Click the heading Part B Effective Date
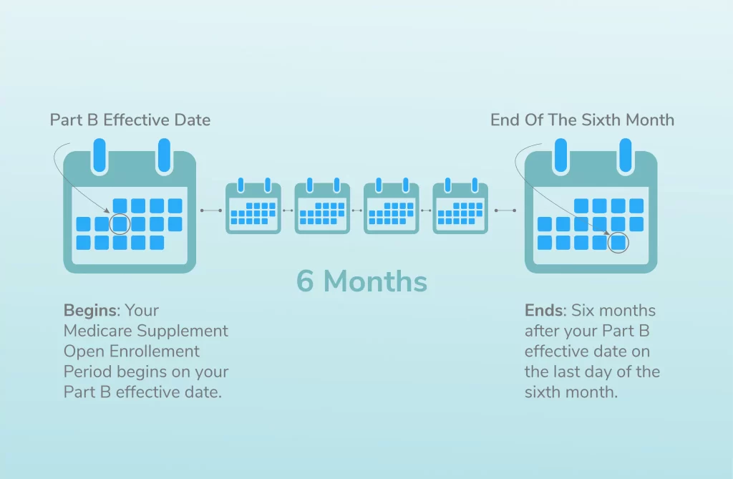tap(130, 120)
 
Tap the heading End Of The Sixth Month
tap(582, 120)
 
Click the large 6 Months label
tap(361, 281)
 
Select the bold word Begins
tap(90, 311)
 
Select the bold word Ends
tap(543, 311)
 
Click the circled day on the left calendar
tap(120, 224)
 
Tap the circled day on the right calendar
tap(618, 243)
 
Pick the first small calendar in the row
tap(253, 205)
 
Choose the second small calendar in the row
tap(323, 205)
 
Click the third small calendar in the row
tap(392, 205)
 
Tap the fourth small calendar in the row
tap(460, 205)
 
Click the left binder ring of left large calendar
tap(99, 155)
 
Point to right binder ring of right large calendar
tap(625, 155)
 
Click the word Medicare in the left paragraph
tap(97, 332)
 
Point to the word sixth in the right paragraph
tap(544, 392)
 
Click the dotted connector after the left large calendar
tap(211, 211)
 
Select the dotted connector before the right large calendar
tap(505, 211)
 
